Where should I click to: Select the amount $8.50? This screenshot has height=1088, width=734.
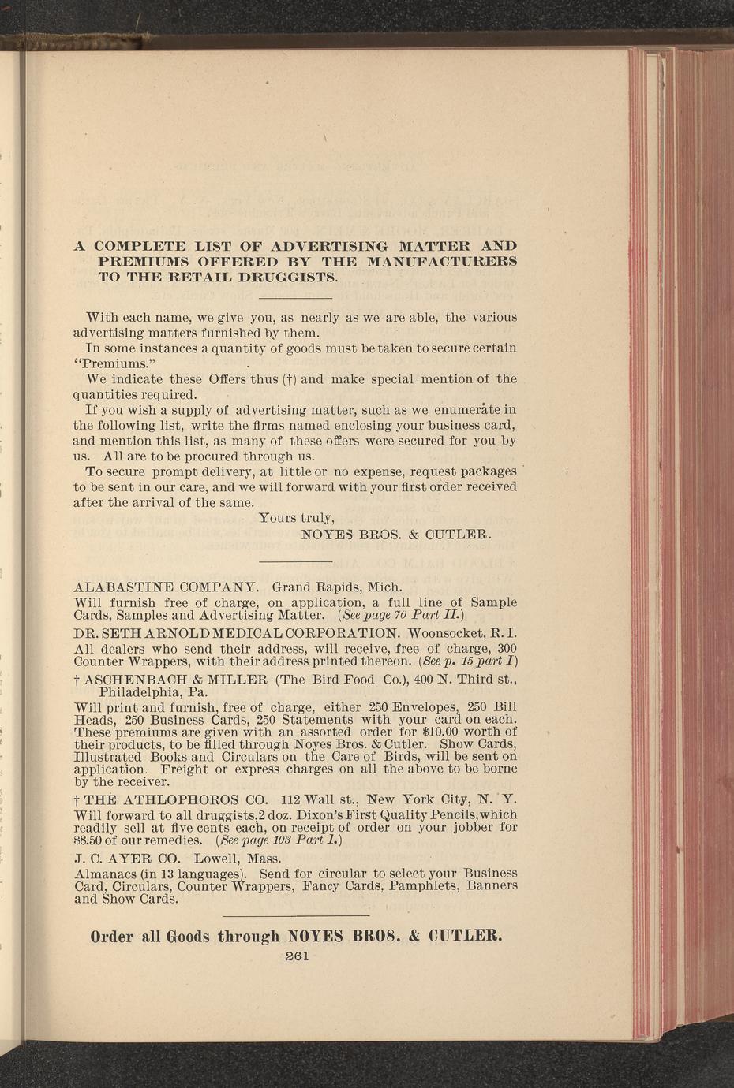[x=89, y=840]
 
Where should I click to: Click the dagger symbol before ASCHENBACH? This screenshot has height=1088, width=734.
[x=76, y=679]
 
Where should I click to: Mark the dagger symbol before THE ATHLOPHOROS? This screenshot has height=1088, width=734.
[x=76, y=799]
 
